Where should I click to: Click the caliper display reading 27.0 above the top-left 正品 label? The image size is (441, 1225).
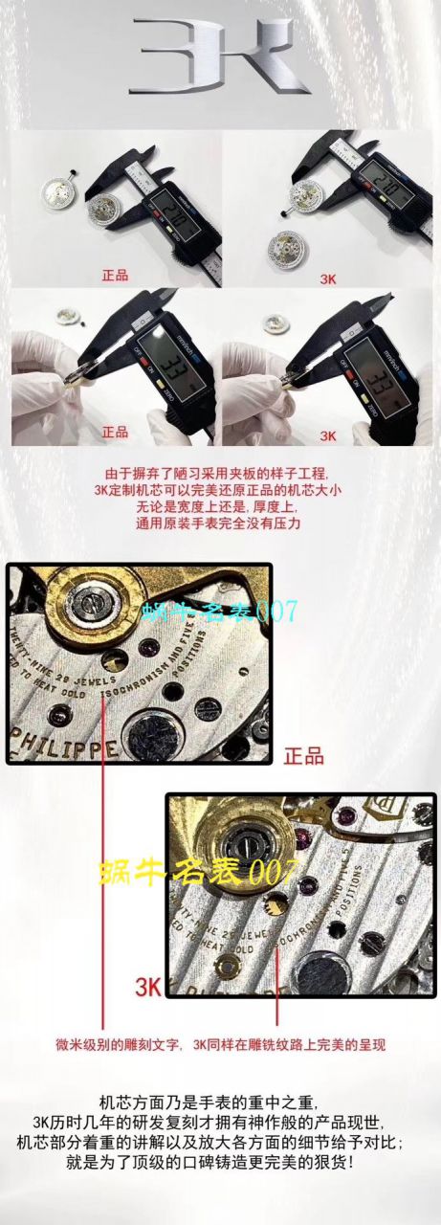point(172,197)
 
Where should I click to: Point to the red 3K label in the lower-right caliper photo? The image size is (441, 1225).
point(328,434)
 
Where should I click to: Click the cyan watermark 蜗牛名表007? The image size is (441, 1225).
point(220,611)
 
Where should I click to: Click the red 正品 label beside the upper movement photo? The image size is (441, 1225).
point(303,756)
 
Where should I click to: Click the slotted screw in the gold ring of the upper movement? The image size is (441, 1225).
point(91,603)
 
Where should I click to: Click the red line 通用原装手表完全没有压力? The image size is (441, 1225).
point(220,524)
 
